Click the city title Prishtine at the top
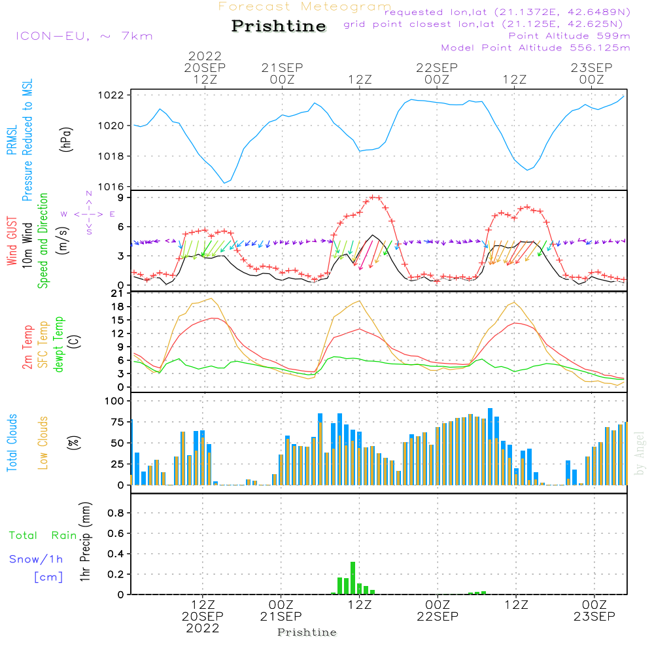[279, 26]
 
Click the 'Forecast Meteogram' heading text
[305, 7]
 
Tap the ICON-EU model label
[84, 36]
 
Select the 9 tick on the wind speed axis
[121, 197]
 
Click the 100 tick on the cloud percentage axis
[115, 401]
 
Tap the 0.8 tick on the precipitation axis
[116, 513]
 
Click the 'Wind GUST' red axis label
[12, 243]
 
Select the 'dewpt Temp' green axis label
[58, 345]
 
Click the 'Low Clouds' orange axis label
[44, 442]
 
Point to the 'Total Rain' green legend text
[43, 536]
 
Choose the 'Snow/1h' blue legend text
[36, 560]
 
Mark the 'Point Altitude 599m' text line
[569, 36]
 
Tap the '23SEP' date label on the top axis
[591, 68]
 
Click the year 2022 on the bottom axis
[203, 628]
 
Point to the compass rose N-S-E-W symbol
[88, 214]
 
